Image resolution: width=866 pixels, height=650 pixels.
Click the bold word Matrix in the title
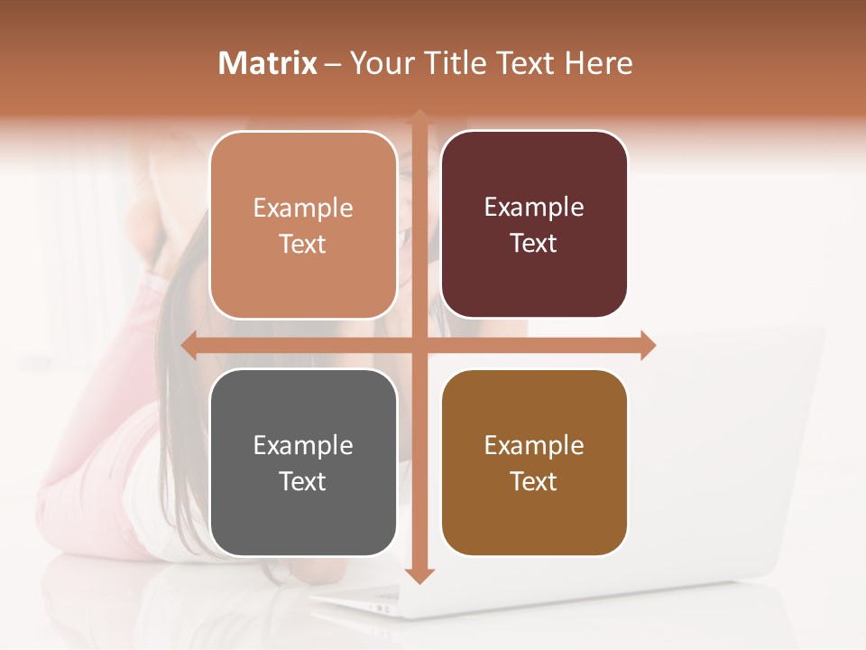coord(268,63)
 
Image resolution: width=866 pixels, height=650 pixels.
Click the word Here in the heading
coord(598,63)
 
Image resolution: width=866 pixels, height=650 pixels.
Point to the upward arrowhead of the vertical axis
coord(419,117)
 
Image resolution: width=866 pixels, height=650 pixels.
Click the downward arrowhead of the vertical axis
coord(419,574)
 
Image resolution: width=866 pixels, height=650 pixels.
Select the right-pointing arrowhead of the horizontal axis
coord(647,345)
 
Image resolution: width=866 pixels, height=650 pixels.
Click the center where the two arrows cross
coord(419,345)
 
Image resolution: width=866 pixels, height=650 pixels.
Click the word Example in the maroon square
coord(534,208)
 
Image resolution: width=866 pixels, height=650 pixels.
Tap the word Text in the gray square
coord(303,481)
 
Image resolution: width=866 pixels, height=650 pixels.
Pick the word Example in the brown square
coord(534,445)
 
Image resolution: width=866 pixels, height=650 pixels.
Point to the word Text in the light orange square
coord(303,244)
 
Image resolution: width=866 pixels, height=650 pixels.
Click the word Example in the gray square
coord(303,445)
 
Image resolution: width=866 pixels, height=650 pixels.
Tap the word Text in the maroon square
coord(534,244)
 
